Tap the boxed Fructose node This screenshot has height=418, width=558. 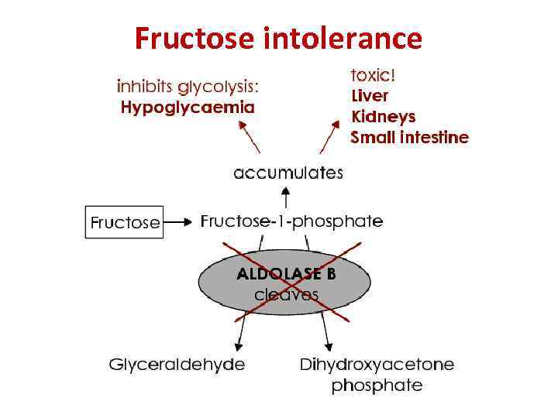coord(124,221)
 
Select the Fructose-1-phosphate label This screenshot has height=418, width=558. coord(291,221)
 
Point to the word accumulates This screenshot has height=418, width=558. coord(288,173)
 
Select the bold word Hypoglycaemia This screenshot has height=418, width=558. coord(187,108)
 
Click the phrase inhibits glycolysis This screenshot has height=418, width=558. coord(187,86)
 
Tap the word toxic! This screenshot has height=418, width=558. coord(374,76)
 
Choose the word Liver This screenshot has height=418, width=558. coord(370,96)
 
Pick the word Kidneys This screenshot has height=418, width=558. coord(384,117)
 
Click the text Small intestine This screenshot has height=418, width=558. coord(409,138)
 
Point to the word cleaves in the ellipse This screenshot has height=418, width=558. coord(286,294)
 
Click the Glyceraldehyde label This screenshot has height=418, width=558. coord(177,364)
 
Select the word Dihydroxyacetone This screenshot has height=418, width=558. coord(377,364)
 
